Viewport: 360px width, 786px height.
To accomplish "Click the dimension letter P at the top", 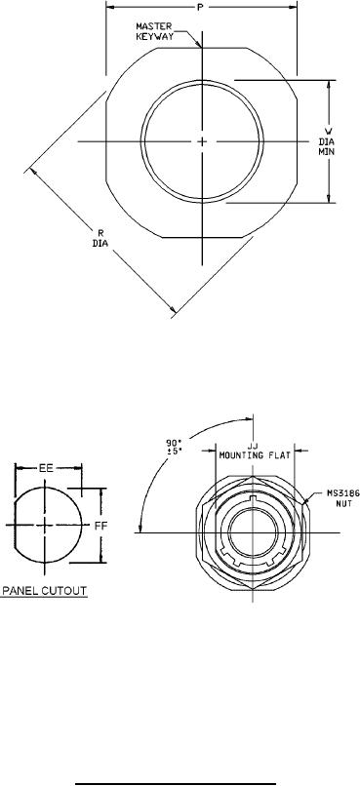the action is (x=201, y=7).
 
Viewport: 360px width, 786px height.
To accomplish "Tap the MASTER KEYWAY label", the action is (x=154, y=30).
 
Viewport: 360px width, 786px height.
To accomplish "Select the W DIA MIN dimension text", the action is (x=327, y=140).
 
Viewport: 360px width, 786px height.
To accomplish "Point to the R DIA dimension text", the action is (x=100, y=237).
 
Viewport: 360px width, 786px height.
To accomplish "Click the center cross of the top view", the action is (x=202, y=141).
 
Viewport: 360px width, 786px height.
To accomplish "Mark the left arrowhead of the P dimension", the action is (x=110, y=7).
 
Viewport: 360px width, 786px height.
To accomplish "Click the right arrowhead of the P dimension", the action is (x=293, y=7).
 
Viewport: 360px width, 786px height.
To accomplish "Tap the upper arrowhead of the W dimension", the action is (x=330, y=84).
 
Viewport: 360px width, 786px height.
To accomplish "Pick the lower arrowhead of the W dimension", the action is (x=330, y=199).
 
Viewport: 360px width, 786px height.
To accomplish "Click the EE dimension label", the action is (x=46, y=468).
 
